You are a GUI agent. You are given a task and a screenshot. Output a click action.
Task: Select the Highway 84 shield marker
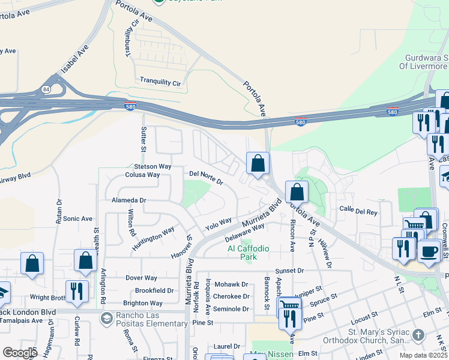(46, 89)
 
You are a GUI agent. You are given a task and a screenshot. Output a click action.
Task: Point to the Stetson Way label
(152, 166)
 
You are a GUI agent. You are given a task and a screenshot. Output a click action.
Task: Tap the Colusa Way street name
(142, 175)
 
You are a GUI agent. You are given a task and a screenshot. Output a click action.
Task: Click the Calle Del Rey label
(358, 211)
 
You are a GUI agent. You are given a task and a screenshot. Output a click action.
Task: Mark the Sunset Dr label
(290, 271)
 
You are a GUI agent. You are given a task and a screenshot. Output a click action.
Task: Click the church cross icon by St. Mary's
(418, 334)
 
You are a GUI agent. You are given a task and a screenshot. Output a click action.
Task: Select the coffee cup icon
(428, 251)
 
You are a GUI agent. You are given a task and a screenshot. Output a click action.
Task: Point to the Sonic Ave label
(78, 219)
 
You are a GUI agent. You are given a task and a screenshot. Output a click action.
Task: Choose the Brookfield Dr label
(154, 290)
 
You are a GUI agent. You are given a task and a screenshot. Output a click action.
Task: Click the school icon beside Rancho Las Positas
(107, 317)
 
